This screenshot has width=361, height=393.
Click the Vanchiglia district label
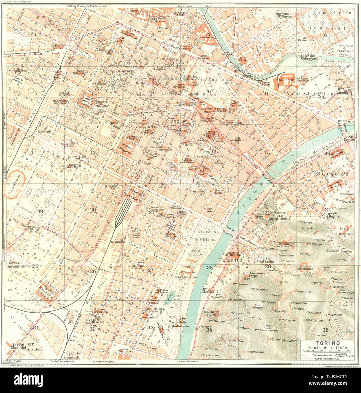[303, 93]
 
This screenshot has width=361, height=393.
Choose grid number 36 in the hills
[325, 330]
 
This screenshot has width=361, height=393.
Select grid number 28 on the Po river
[209, 267]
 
